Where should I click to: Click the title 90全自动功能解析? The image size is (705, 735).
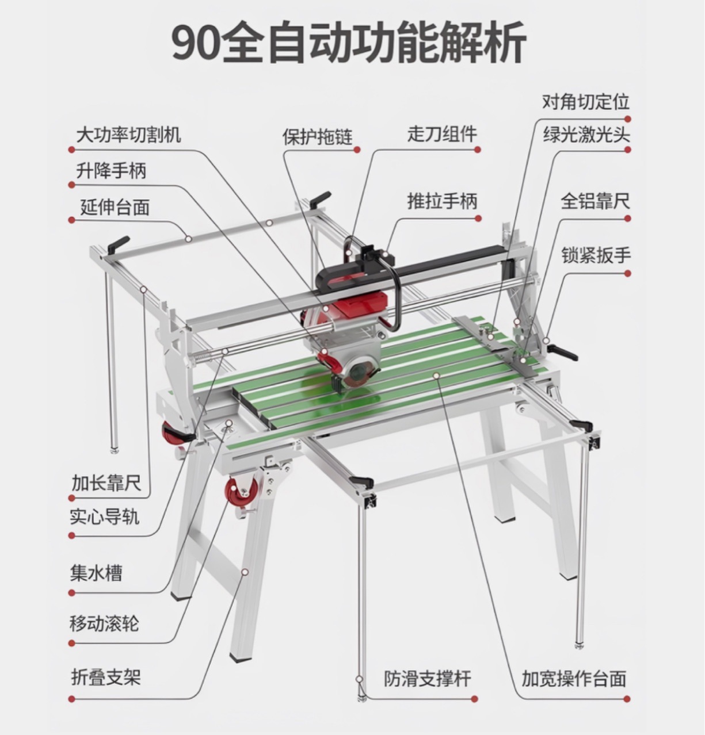(x=349, y=43)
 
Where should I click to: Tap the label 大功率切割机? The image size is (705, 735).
(x=128, y=135)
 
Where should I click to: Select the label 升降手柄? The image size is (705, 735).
(x=111, y=170)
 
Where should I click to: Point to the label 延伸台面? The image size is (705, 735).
(x=115, y=207)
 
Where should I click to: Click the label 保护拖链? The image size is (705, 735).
(x=318, y=136)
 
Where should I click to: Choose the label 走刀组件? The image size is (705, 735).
(x=442, y=134)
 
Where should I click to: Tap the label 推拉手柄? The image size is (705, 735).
(x=442, y=201)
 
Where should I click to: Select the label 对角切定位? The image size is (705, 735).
(x=586, y=102)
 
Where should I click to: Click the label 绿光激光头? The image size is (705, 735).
(x=586, y=135)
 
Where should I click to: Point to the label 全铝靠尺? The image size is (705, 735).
(x=596, y=201)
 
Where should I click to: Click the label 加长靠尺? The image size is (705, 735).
(x=106, y=483)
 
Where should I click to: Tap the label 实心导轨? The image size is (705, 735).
(x=105, y=516)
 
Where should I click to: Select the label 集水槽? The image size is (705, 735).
(x=96, y=573)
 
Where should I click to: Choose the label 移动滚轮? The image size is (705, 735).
(x=104, y=623)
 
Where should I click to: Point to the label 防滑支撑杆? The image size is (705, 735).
(x=428, y=679)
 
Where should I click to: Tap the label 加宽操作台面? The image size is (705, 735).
(x=574, y=679)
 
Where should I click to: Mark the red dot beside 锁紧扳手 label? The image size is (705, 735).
(x=628, y=273)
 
